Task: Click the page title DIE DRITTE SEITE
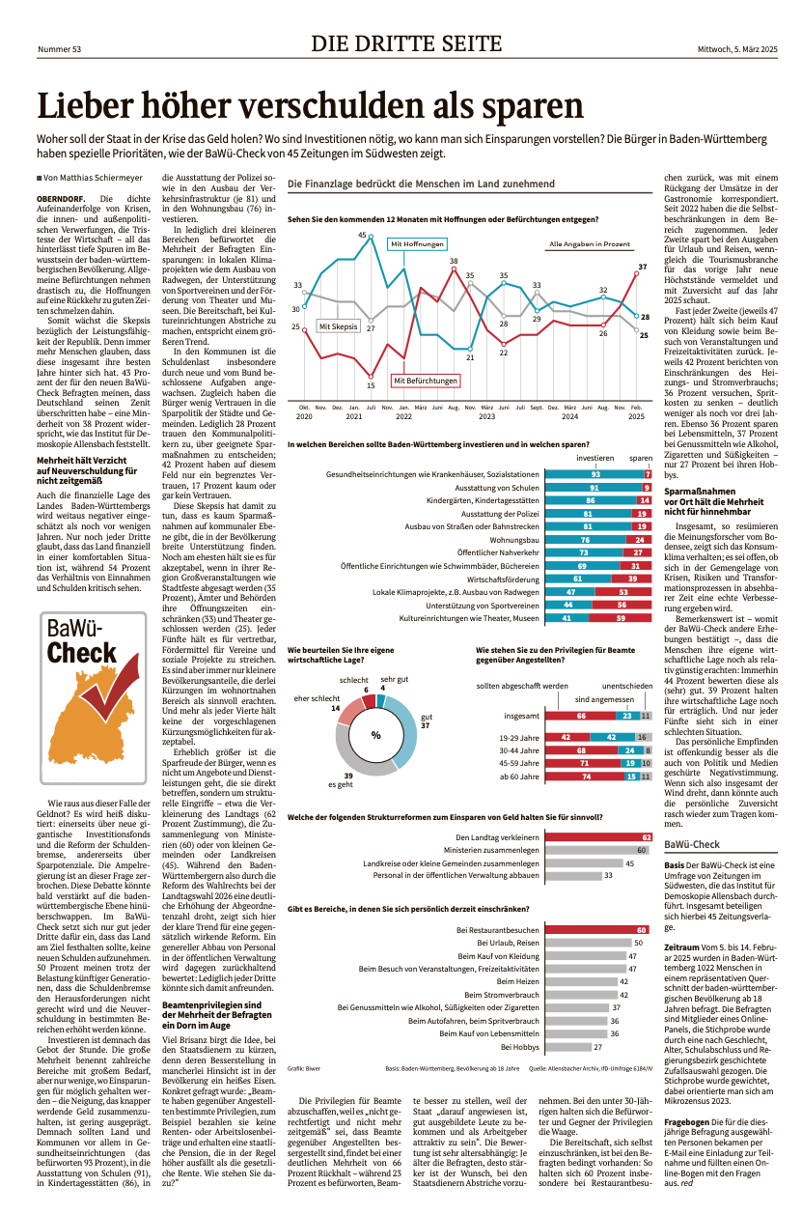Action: tap(406, 43)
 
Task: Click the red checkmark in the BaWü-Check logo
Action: tap(111, 685)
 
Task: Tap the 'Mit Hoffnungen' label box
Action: tap(417, 244)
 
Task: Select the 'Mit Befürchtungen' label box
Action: tap(426, 381)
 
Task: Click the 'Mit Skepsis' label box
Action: tap(338, 326)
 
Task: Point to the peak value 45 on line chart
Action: tap(362, 235)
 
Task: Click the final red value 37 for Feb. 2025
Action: tap(642, 267)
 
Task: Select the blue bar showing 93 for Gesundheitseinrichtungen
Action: tap(595, 474)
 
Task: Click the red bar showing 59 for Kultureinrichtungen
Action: tap(621, 618)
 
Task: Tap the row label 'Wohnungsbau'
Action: tap(514, 540)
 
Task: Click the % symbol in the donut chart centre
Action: tap(376, 736)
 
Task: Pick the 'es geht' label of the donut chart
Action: tap(341, 784)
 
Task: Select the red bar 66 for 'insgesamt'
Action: tap(580, 716)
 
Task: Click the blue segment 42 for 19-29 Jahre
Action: tap(612, 738)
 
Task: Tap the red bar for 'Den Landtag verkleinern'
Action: tap(598, 837)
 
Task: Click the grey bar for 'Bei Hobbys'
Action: tap(568, 1047)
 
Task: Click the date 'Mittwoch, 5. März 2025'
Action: tap(737, 49)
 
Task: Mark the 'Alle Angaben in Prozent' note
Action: tap(590, 244)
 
